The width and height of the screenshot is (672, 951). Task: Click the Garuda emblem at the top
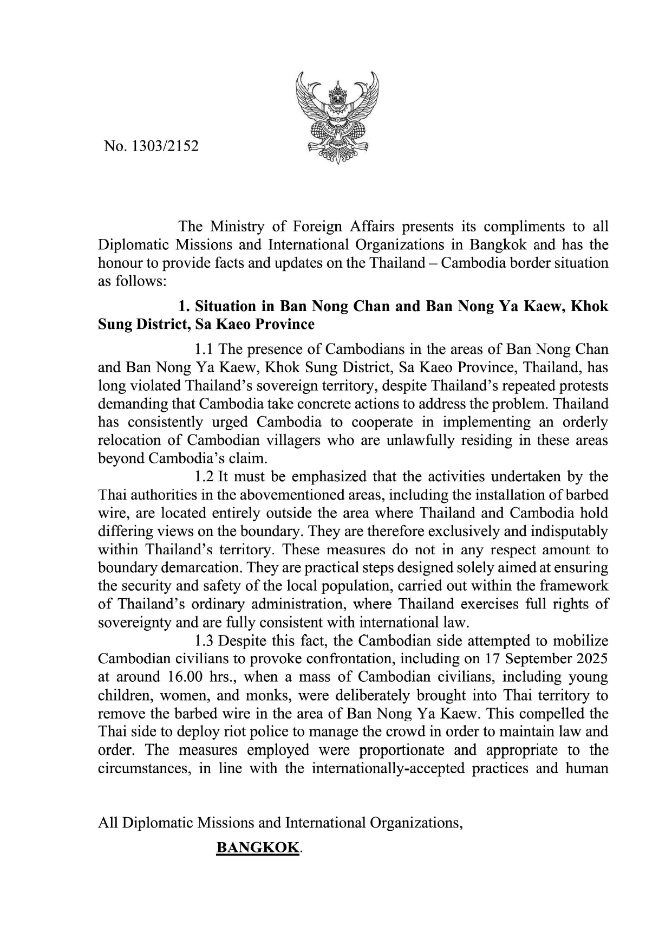pyautogui.click(x=337, y=118)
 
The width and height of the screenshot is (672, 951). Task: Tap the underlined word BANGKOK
pyautogui.click(x=257, y=848)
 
